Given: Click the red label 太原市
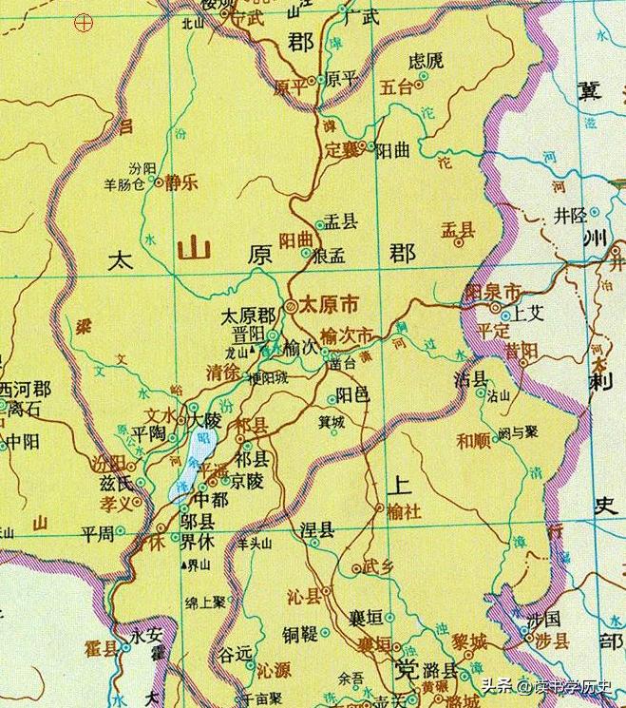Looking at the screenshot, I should [328, 305].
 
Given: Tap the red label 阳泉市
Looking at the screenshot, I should [493, 291].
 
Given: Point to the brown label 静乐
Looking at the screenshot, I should [180, 183].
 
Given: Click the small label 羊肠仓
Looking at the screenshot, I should [123, 183].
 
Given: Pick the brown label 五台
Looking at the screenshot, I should [397, 86].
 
